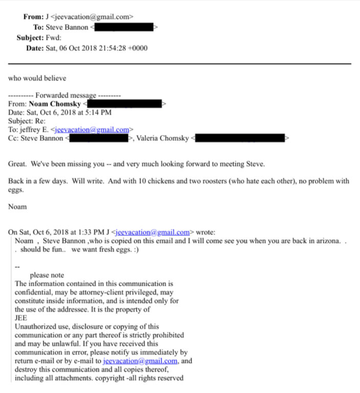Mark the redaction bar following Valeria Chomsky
tap(240, 138)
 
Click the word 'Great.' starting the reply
tap(18, 164)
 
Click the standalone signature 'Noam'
tap(17, 207)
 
